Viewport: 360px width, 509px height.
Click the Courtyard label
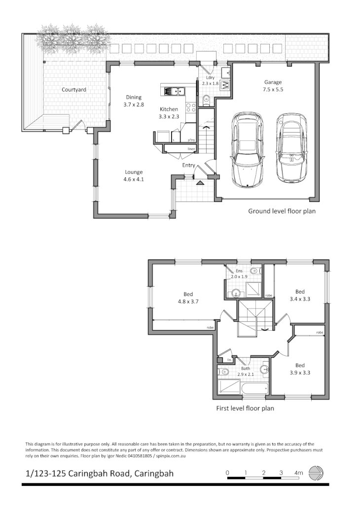pyautogui.click(x=74, y=90)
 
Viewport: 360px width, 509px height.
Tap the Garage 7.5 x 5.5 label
pyautogui.click(x=273, y=86)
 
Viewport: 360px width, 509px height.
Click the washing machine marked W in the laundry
pyautogui.click(x=225, y=85)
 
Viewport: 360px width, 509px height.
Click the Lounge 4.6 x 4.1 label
pyautogui.click(x=133, y=176)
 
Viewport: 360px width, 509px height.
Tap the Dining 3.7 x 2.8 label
pyautogui.click(x=133, y=101)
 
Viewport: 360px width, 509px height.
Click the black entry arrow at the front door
pyautogui.click(x=200, y=183)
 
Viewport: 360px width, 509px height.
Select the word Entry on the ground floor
pyautogui.click(x=188, y=165)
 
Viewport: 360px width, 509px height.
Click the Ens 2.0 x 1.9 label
pyautogui.click(x=239, y=274)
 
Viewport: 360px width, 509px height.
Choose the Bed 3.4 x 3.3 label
pyautogui.click(x=300, y=295)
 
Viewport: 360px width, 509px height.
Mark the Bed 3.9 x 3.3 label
pyautogui.click(x=300, y=369)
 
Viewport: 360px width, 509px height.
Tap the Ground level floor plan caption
pyautogui.click(x=282, y=211)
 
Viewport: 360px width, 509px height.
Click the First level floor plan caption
pyautogui.click(x=245, y=408)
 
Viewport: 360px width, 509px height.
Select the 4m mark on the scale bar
pyautogui.click(x=298, y=473)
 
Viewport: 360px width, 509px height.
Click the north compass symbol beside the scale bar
pyautogui.click(x=316, y=474)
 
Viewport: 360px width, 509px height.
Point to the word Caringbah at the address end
pyautogui.click(x=152, y=474)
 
